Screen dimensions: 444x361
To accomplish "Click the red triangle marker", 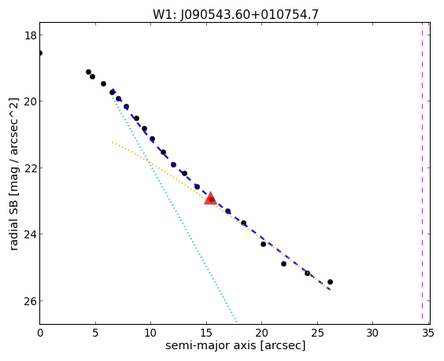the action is tap(210, 199).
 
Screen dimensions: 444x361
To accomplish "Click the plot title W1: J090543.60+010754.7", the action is tap(235, 14).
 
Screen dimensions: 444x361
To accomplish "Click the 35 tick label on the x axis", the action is tap(427, 333).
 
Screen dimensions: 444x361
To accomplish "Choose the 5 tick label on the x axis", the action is tap(95, 333).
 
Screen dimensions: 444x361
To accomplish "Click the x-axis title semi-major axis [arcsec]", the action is tap(235, 346).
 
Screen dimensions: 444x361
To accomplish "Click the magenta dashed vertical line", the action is tap(422, 173).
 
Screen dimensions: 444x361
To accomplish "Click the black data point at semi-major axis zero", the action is tap(40, 53).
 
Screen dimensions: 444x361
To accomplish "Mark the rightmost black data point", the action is tap(330, 282).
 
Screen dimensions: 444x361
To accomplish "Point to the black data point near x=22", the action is tap(283, 263).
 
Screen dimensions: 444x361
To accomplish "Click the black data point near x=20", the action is tap(264, 244).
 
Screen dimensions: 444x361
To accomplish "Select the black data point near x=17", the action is tap(228, 211).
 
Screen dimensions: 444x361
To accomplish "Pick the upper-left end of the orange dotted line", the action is tap(113, 142).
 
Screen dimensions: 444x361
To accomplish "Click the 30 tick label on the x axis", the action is tap(372, 333).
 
